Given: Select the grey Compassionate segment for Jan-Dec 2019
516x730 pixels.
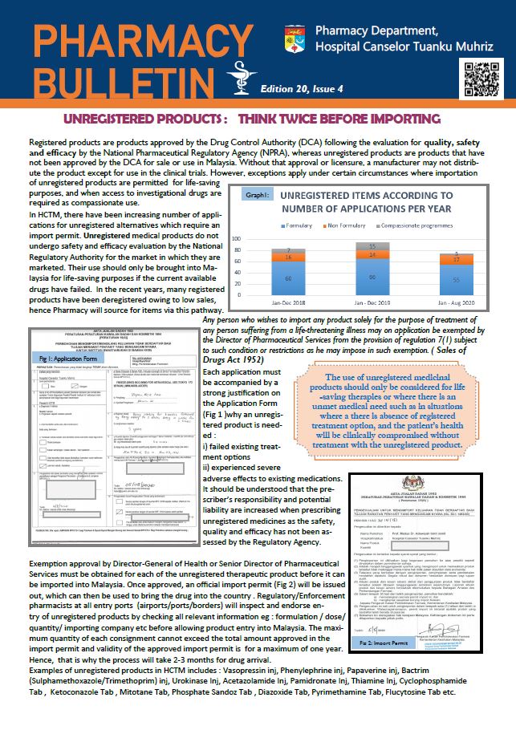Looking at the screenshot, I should (x=371, y=245).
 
